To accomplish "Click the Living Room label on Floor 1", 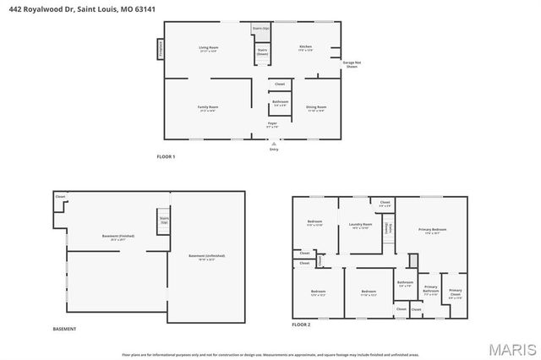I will coord(208,49).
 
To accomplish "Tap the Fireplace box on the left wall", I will coord(159,50).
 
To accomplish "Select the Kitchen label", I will coord(305,48).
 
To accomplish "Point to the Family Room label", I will coord(208,108).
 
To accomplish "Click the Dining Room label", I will coord(316,108).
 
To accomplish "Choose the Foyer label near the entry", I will coord(273,125).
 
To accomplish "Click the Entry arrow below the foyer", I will coord(273,145).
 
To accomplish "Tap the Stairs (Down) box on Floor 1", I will coord(262,52).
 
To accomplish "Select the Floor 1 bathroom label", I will coord(280,103).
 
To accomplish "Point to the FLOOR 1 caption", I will coord(167,156).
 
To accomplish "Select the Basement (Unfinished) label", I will coord(206,257).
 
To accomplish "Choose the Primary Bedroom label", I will coord(432,231).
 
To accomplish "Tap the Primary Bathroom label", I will coord(430,292).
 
